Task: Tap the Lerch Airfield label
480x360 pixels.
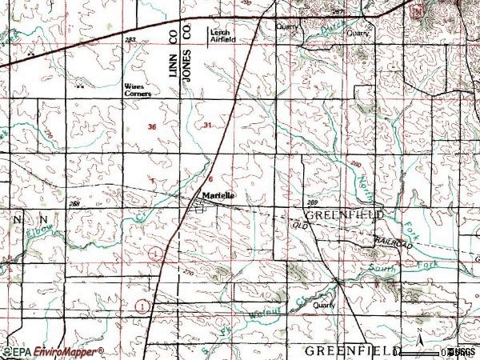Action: (222, 35)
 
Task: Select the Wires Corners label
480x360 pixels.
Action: (137, 89)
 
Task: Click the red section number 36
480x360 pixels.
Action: (152, 128)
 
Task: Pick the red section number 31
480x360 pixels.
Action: (208, 126)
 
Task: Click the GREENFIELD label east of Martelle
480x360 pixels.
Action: (344, 216)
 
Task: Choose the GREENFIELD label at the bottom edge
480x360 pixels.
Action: (350, 351)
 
